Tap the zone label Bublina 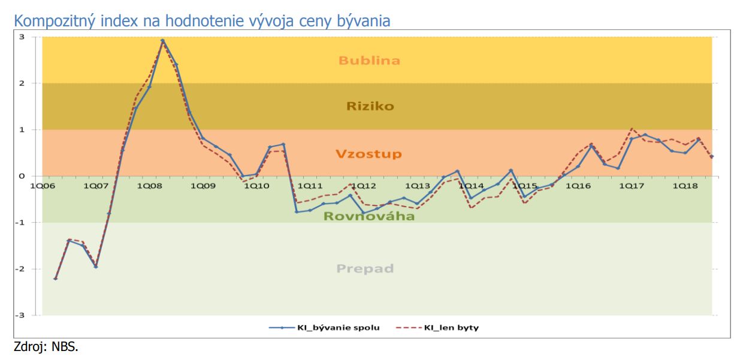pyautogui.click(x=369, y=60)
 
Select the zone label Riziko pyautogui.click(x=370, y=106)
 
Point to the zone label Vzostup pyautogui.click(x=369, y=154)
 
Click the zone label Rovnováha pyautogui.click(x=369, y=216)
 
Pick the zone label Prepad pyautogui.click(x=365, y=268)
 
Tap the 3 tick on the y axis pyautogui.click(x=22, y=37)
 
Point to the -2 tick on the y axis pyautogui.click(x=20, y=269)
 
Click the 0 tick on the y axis pyautogui.click(x=22, y=176)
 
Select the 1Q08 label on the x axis pyautogui.click(x=150, y=186)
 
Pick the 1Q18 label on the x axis pyautogui.click(x=685, y=186)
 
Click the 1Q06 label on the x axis pyautogui.click(x=43, y=186)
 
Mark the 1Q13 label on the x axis pyautogui.click(x=417, y=186)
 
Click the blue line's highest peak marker pyautogui.click(x=162, y=41)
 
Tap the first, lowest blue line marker pyautogui.click(x=55, y=279)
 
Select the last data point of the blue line pyautogui.click(x=712, y=156)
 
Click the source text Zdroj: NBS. pyautogui.click(x=46, y=347)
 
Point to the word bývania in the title pyautogui.click(x=364, y=21)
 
